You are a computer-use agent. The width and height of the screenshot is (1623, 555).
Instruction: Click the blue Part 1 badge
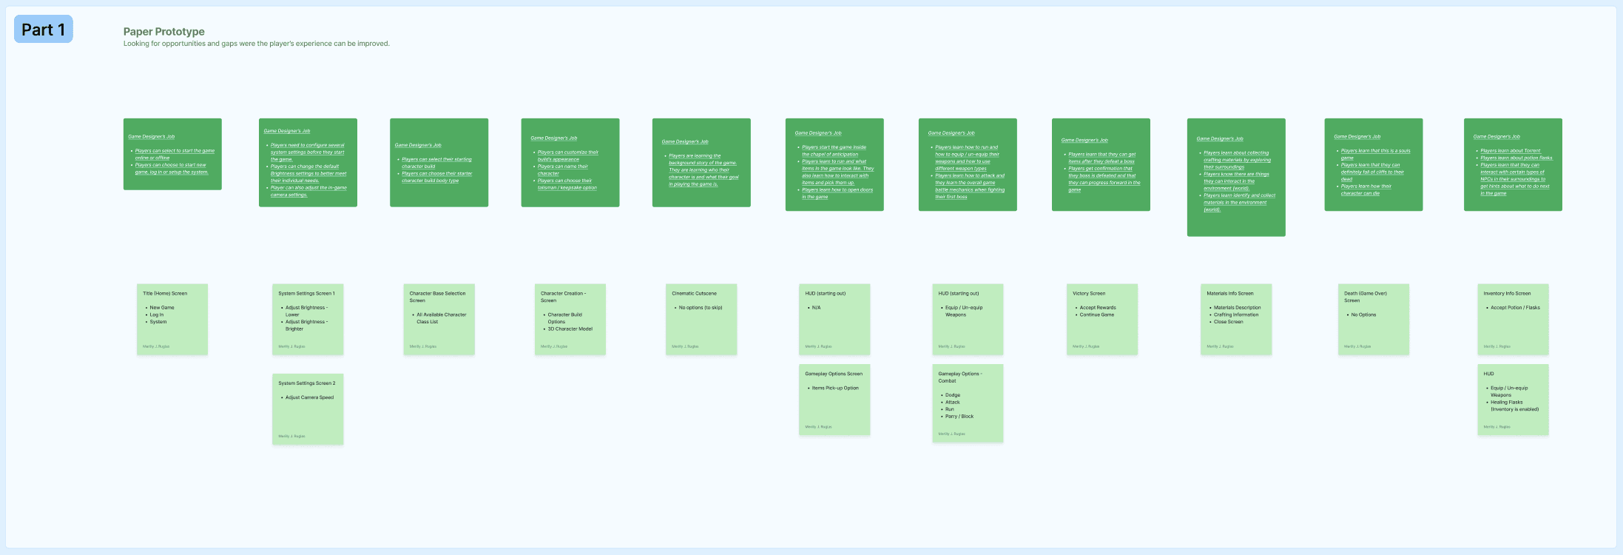tap(43, 30)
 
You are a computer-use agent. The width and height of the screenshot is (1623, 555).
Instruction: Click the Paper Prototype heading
tap(163, 32)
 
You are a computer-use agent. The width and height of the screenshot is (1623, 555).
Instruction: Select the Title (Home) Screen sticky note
tap(172, 319)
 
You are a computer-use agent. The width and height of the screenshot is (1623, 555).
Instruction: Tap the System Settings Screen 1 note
tap(307, 319)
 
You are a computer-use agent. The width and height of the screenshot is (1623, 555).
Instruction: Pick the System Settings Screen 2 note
tap(307, 408)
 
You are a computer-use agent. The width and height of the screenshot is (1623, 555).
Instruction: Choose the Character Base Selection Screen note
tap(439, 319)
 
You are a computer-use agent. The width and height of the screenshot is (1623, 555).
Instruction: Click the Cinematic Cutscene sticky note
tap(701, 319)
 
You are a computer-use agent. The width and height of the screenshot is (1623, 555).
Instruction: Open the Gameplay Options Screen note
tap(834, 400)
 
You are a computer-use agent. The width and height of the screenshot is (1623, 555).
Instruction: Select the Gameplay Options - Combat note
tap(967, 403)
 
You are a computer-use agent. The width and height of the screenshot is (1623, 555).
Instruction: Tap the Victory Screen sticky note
tap(1101, 319)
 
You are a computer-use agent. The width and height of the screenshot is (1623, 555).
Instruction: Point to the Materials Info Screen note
tap(1235, 319)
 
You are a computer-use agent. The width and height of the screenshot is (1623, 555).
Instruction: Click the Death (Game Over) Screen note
tap(1373, 319)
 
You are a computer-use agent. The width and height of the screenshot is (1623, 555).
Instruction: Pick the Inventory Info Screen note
tap(1512, 319)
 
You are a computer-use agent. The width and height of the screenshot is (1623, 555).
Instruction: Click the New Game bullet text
tap(162, 308)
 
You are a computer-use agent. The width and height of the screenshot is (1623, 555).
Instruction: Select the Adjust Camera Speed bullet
tap(309, 397)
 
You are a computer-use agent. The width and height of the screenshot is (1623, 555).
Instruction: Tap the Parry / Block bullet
tap(959, 417)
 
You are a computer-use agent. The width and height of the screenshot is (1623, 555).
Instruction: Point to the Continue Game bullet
tap(1096, 314)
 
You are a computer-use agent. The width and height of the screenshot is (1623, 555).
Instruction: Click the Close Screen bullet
tap(1228, 322)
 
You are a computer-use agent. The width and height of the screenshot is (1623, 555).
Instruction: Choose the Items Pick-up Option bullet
tap(835, 388)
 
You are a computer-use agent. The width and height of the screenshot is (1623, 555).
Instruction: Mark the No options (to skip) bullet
tap(701, 308)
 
